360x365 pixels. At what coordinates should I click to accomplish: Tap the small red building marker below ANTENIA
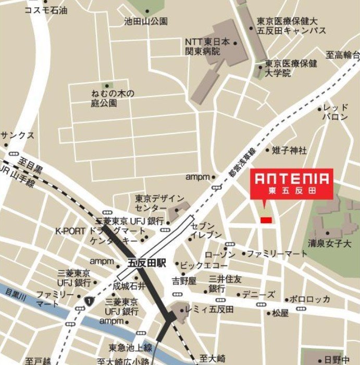(266, 220)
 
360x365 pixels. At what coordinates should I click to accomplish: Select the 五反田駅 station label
(146, 263)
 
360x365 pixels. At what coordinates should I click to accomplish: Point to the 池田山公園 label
(146, 22)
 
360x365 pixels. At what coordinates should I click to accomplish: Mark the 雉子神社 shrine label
(289, 151)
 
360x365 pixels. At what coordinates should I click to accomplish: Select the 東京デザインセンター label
(159, 203)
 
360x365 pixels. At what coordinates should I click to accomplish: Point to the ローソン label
(220, 254)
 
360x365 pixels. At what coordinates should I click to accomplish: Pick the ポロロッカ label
(311, 299)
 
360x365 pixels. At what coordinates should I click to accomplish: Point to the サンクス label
(17, 136)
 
